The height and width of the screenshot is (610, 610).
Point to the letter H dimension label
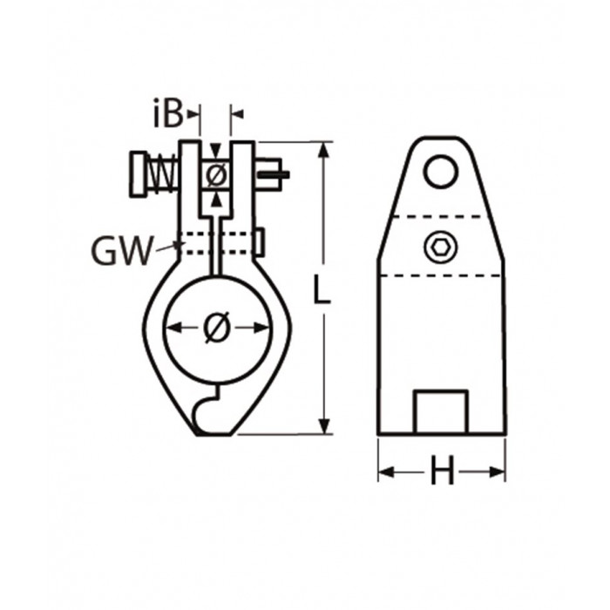(442, 472)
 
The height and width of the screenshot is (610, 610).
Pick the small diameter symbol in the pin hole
(216, 174)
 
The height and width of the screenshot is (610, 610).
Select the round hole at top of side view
(440, 171)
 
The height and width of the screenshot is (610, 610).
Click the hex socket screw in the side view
(440, 248)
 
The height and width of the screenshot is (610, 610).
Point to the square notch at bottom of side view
(440, 412)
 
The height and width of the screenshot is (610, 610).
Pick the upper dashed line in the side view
(440, 216)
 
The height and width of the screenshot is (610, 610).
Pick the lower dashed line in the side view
(440, 275)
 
